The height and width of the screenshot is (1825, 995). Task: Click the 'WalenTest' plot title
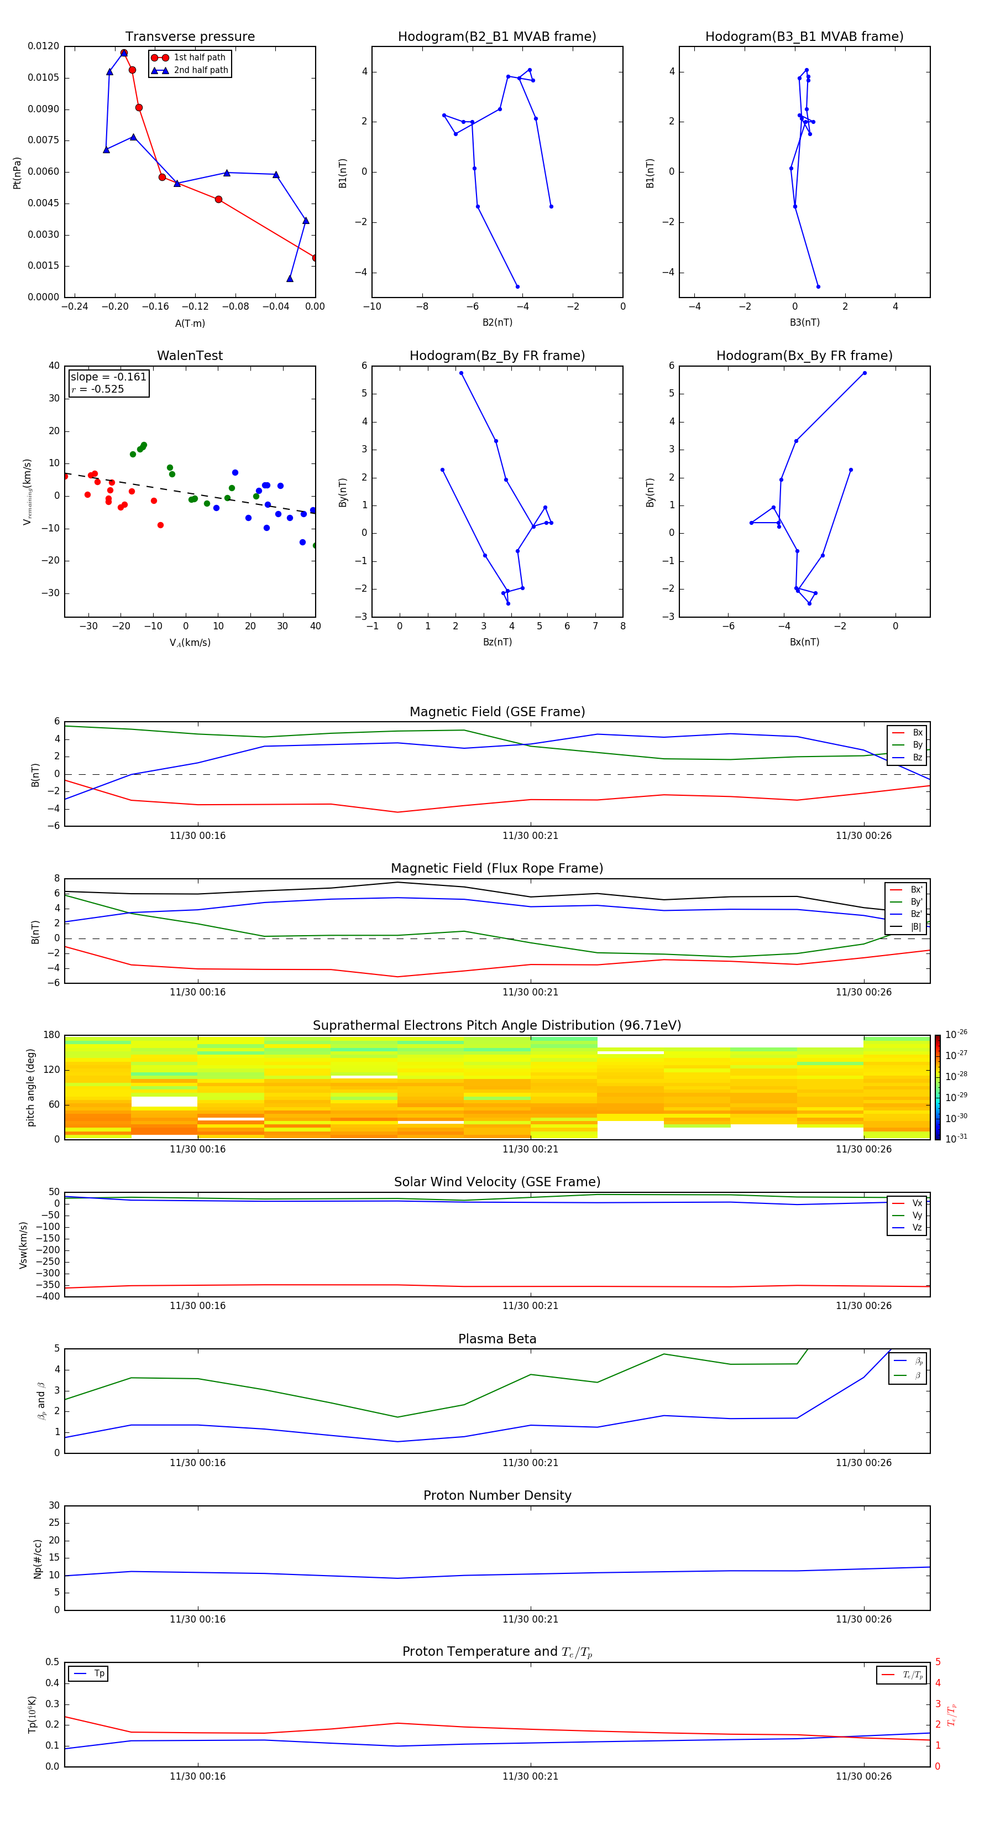[x=190, y=356]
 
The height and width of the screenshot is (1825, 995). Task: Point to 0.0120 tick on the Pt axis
[x=43, y=46]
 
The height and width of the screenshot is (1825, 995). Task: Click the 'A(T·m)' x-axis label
[x=190, y=324]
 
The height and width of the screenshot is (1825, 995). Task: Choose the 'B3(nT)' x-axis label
[x=804, y=322]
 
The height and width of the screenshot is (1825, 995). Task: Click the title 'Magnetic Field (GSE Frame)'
[x=497, y=712]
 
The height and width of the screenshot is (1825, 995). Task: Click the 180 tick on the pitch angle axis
[x=52, y=1035]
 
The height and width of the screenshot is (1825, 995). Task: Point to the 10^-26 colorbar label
[x=956, y=1034]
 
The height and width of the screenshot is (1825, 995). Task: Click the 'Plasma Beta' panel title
[x=497, y=1339]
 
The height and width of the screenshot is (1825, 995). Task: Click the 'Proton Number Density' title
[x=497, y=1495]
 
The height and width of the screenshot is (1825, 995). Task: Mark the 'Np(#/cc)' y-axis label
[x=38, y=1558]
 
